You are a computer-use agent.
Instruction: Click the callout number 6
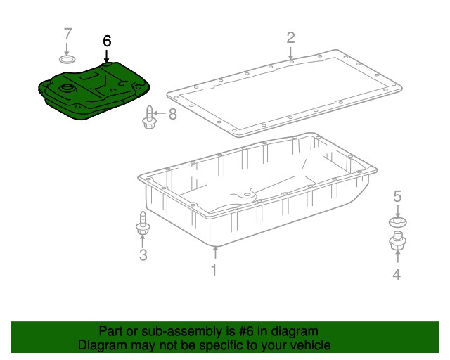[x=107, y=41]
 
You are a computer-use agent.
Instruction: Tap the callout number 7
[x=67, y=34]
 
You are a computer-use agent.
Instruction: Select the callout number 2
[x=290, y=37]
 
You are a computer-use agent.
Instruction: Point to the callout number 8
[x=172, y=114]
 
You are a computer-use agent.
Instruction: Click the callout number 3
[x=143, y=255]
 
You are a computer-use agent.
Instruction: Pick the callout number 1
[x=214, y=271]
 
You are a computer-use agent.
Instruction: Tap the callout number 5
[x=397, y=196]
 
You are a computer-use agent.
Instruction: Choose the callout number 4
[x=397, y=274]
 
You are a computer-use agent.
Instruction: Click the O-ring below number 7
[x=67, y=60]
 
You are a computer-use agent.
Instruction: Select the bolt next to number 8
[x=149, y=117]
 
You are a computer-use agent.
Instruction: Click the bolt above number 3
[x=143, y=223]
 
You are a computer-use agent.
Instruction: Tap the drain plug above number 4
[x=397, y=240]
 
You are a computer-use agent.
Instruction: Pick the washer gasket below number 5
[x=398, y=222]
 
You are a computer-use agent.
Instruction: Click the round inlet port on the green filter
[x=67, y=89]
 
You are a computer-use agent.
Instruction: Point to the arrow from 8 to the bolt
[x=160, y=113]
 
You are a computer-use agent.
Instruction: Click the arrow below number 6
[x=107, y=56]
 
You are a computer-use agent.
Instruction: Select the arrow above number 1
[x=215, y=253]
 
